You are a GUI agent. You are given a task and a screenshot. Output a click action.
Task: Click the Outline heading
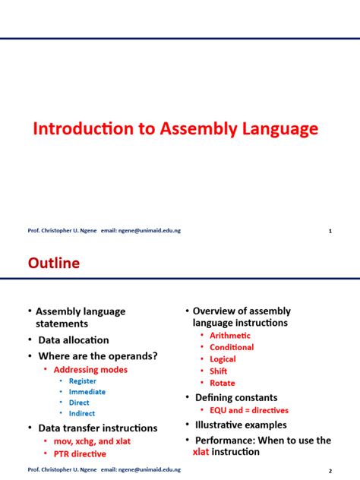(x=54, y=264)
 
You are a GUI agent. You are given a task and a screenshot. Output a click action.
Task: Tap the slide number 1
(x=330, y=231)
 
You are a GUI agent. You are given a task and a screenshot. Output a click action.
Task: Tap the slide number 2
(x=330, y=470)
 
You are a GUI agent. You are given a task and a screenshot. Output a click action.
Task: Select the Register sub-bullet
(x=82, y=381)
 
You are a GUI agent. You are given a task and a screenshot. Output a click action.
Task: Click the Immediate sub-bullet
(x=87, y=392)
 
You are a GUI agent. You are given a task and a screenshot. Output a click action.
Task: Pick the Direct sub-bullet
(x=79, y=403)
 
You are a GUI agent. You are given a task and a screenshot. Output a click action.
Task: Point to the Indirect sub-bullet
(x=83, y=415)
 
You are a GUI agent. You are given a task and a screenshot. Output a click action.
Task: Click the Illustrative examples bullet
(x=241, y=425)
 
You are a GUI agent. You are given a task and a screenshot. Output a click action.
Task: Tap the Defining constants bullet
(x=236, y=397)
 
